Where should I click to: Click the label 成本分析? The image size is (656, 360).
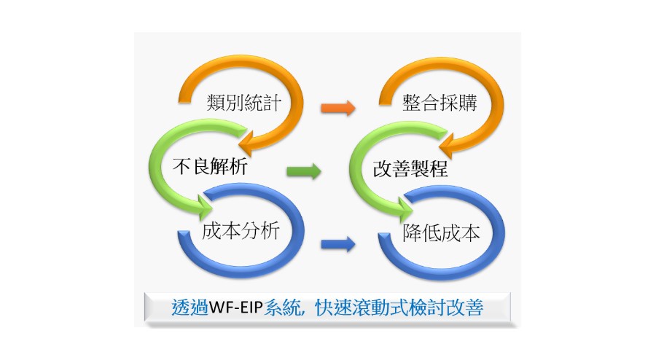click(x=241, y=232)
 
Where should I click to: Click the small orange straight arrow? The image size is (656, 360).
click(x=338, y=109)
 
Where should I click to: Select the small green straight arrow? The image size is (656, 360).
click(x=303, y=172)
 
